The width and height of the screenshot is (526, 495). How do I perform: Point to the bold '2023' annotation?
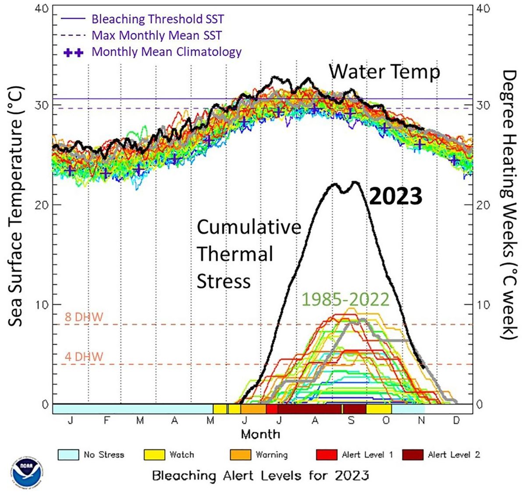tap(395, 196)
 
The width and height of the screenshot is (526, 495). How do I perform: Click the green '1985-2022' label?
tap(345, 299)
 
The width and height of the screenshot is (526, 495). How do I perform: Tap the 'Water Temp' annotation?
tap(384, 71)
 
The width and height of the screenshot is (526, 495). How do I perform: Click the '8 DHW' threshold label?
tap(84, 317)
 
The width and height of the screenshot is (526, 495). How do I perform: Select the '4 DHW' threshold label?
tap(84, 356)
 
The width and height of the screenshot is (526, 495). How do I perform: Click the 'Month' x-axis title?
tap(260, 434)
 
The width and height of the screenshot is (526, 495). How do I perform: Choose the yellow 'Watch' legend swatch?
tap(154, 455)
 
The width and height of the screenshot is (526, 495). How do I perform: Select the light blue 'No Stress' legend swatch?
tap(68, 455)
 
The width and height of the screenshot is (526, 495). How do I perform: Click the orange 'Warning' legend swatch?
tap(240, 455)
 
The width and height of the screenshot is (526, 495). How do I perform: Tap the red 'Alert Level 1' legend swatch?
tap(327, 455)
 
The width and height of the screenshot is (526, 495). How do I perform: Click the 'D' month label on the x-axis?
tap(456, 420)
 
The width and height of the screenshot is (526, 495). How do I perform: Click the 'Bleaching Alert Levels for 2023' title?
tap(260, 475)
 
